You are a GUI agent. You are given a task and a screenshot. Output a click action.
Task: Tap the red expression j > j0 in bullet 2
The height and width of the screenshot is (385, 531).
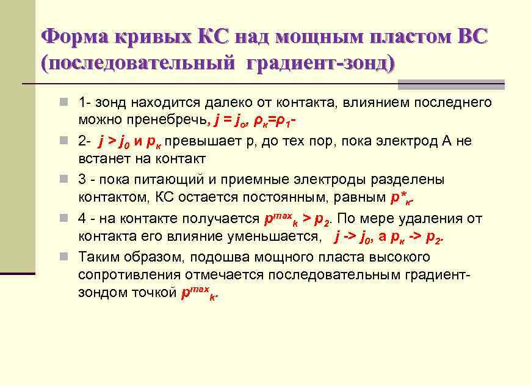(x=114, y=141)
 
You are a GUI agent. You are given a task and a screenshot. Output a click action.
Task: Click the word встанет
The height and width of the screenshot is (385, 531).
(x=101, y=159)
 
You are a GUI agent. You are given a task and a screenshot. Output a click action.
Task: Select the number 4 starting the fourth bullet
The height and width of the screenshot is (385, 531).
(x=82, y=218)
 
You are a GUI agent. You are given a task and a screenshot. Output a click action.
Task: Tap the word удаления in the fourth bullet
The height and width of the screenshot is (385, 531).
(x=433, y=218)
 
